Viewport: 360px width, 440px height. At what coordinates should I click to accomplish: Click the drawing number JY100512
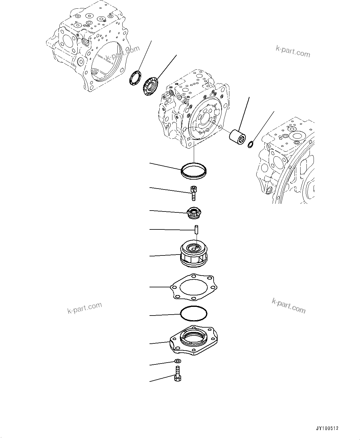tap(327, 429)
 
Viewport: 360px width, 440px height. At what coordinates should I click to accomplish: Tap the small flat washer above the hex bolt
tap(178, 361)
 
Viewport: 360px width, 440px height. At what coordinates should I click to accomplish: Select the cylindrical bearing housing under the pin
tap(195, 256)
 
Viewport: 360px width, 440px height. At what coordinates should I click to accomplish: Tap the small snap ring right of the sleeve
tap(251, 144)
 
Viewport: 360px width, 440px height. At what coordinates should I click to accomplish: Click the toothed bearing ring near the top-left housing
tap(151, 85)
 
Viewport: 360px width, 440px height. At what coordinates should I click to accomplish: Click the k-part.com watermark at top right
tap(293, 51)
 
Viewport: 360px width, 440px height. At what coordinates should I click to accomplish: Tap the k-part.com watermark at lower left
tap(85, 307)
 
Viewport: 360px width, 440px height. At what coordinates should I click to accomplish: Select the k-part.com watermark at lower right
tap(288, 305)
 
